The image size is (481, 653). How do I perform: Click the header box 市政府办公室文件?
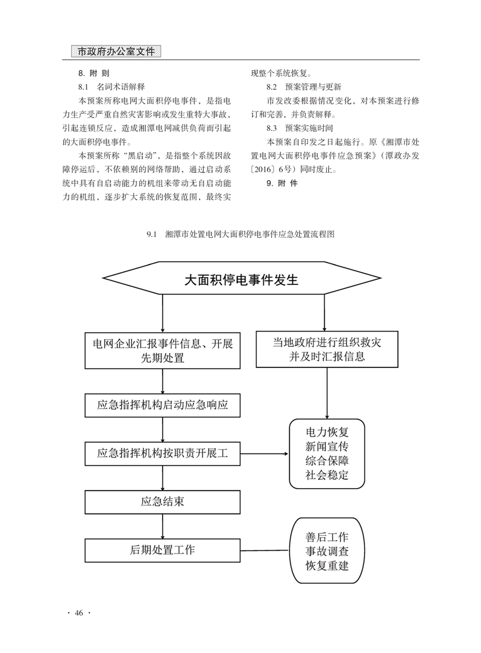pyautogui.click(x=116, y=51)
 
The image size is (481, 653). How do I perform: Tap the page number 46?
pyautogui.click(x=79, y=612)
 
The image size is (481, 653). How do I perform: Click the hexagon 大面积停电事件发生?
pyautogui.click(x=241, y=278)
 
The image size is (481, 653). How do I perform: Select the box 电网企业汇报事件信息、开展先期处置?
pyautogui.click(x=163, y=350)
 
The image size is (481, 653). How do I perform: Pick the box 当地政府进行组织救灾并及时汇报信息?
pyautogui.click(x=327, y=349)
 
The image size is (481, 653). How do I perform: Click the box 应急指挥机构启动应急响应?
pyautogui.click(x=163, y=405)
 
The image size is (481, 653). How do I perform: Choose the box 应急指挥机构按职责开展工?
pyautogui.click(x=163, y=454)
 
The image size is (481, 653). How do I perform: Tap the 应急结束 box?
pyautogui.click(x=163, y=502)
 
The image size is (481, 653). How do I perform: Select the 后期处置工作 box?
pyautogui.click(x=163, y=550)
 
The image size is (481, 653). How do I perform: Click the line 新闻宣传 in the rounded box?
pyautogui.click(x=327, y=446)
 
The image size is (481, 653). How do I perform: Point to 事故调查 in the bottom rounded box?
pyautogui.click(x=327, y=551)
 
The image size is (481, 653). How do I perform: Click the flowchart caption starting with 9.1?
pyautogui.click(x=240, y=234)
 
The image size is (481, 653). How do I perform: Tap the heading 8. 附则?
pyautogui.click(x=93, y=73)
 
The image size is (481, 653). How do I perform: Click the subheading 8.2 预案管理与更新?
pyautogui.click(x=304, y=87)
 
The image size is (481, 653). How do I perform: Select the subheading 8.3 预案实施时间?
pyautogui.click(x=300, y=129)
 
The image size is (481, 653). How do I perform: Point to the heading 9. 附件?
pyautogui.click(x=282, y=183)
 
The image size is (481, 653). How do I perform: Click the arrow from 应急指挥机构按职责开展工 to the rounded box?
pyautogui.click(x=264, y=454)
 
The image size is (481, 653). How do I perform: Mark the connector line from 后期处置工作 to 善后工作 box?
pyautogui.click(x=264, y=550)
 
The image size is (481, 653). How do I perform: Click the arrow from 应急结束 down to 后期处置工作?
pyautogui.click(x=163, y=526)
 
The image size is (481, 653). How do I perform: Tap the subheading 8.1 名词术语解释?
pyautogui.click(x=112, y=87)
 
